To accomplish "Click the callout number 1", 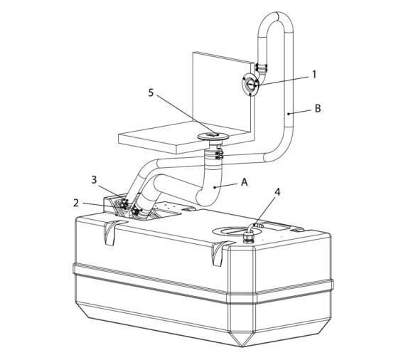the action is click(314, 75).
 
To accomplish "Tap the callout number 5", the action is click(151, 93).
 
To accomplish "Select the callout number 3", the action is click(94, 179).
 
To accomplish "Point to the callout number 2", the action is click(76, 203).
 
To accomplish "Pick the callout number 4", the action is click(277, 191).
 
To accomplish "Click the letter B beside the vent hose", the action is click(318, 109).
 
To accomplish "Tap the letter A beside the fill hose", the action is click(245, 182).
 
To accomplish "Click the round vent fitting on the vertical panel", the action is click(250, 84).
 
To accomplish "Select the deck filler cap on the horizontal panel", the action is click(213, 137).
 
